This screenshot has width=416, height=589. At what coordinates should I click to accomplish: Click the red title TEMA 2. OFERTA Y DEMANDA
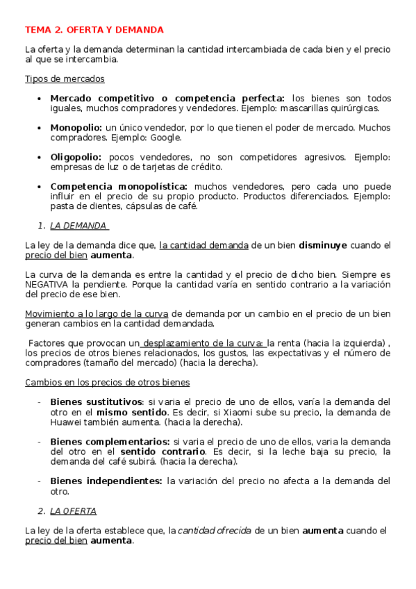click(x=94, y=30)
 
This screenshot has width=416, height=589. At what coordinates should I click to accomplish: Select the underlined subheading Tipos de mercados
click(x=65, y=78)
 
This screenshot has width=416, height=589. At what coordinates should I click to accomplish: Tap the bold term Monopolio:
click(x=76, y=128)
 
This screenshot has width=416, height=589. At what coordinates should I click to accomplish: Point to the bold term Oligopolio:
click(x=76, y=158)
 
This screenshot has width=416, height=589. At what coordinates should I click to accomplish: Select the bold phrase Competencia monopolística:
click(x=119, y=187)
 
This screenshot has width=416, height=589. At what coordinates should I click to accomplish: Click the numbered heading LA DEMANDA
click(x=78, y=226)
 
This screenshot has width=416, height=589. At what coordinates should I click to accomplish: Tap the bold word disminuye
click(x=323, y=245)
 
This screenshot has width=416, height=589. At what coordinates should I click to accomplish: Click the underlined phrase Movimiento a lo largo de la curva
click(x=97, y=314)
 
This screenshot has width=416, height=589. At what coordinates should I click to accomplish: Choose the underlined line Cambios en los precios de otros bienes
click(x=108, y=382)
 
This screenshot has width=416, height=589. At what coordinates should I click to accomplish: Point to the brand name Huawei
click(x=68, y=422)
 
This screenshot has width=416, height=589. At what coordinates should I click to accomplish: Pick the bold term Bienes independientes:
click(x=106, y=481)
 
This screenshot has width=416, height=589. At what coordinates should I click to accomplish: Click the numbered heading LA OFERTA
click(x=74, y=511)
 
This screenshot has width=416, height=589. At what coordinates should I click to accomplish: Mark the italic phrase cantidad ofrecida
click(x=215, y=531)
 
